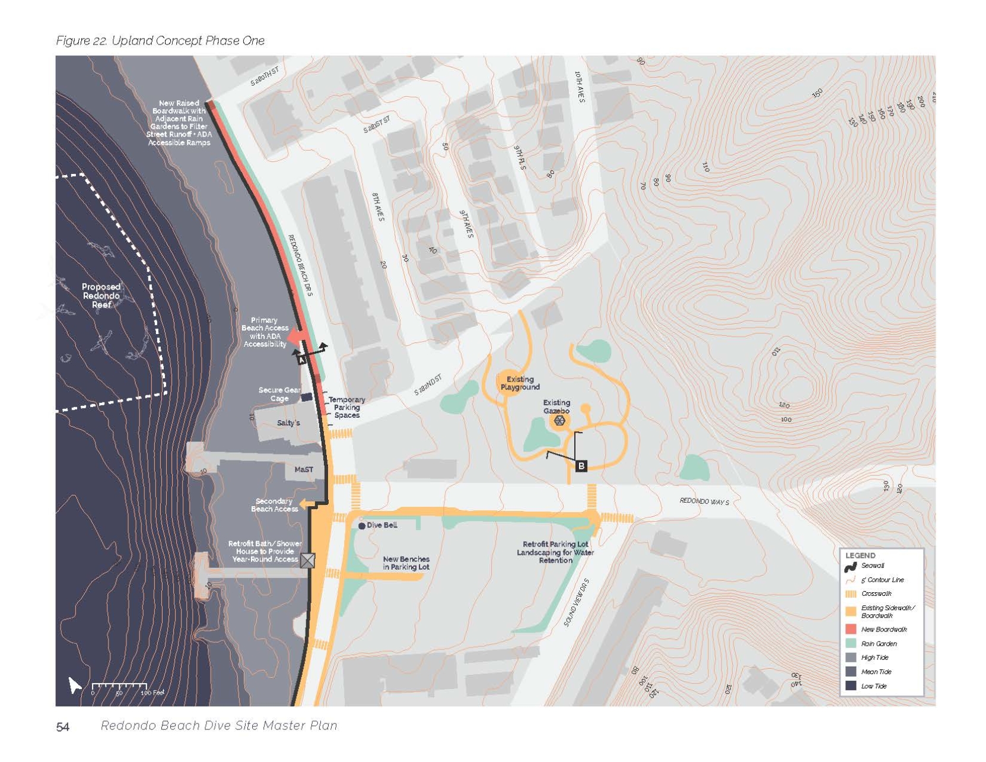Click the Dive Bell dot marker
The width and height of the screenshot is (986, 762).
tap(362, 526)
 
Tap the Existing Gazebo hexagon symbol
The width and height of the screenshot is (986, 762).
tap(559, 421)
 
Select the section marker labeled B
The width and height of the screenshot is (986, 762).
tap(581, 466)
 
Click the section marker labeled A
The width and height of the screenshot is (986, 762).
tap(301, 359)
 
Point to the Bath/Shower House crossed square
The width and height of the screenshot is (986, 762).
tap(307, 560)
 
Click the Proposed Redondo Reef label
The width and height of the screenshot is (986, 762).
tap(101, 296)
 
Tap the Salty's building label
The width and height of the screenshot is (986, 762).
tap(288, 423)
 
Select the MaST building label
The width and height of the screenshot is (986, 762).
tap(304, 469)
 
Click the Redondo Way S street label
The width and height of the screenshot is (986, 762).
tap(704, 501)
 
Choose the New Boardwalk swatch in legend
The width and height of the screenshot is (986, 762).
tap(851, 629)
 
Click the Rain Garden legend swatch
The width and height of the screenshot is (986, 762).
tap(851, 643)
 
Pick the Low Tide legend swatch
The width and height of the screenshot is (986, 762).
tap(851, 686)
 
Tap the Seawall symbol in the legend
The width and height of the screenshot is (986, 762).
tap(851, 567)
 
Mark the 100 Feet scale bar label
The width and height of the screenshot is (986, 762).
tap(152, 693)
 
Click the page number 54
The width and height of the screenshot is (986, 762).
tap(63, 727)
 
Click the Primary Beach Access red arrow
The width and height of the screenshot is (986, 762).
tap(295, 338)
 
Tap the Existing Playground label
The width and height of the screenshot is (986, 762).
tap(520, 383)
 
